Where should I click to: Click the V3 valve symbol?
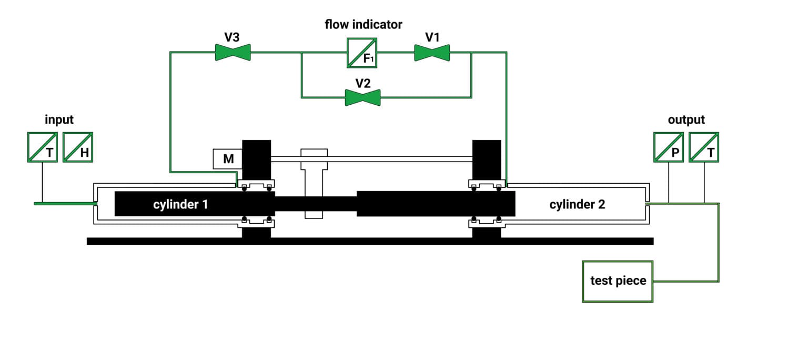(233, 52)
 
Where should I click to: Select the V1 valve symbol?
(432, 53)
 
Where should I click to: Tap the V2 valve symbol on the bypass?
(362, 97)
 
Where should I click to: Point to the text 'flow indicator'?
(363, 24)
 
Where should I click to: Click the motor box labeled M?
(227, 159)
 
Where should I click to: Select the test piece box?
(618, 281)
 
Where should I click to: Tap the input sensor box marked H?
(78, 147)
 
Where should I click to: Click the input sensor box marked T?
(42, 147)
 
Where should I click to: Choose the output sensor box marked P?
(668, 147)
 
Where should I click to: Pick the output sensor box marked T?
(704, 147)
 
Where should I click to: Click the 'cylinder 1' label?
(180, 204)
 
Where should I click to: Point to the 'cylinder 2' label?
(577, 204)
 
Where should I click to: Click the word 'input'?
(59, 119)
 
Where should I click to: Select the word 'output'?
(686, 119)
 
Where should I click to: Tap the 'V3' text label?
(232, 37)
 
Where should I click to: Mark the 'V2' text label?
(363, 83)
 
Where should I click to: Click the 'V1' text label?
(432, 37)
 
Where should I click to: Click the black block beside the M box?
(256, 159)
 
